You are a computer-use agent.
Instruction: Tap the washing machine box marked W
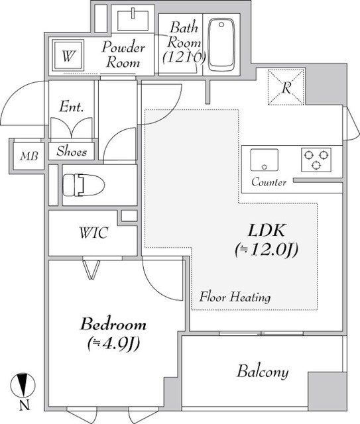(68, 56)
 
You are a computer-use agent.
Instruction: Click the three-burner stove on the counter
(316, 160)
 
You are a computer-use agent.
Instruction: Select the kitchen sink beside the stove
(265, 160)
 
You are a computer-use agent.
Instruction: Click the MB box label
(28, 156)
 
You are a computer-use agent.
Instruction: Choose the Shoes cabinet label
(72, 151)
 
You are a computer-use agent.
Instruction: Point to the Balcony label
(263, 372)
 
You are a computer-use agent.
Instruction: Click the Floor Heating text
(235, 297)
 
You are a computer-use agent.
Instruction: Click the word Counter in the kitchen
(269, 182)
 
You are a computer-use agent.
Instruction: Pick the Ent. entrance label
(70, 107)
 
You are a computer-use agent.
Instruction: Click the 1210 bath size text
(183, 56)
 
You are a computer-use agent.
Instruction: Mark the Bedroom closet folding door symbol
(91, 268)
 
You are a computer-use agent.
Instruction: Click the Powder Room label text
(123, 56)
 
